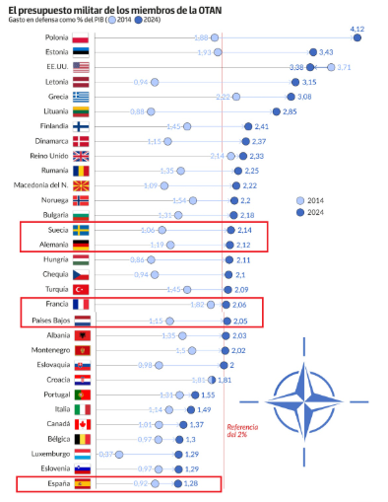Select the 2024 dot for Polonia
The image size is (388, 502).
pyautogui.click(x=357, y=37)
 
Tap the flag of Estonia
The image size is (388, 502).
pyautogui.click(x=81, y=51)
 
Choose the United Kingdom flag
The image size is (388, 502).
pyautogui.click(x=81, y=156)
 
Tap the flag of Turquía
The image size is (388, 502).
pyautogui.click(x=81, y=289)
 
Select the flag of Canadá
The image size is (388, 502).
pyautogui.click(x=81, y=424)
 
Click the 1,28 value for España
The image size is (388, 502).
pyautogui.click(x=192, y=485)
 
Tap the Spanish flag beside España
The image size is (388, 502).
pyautogui.click(x=81, y=484)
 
